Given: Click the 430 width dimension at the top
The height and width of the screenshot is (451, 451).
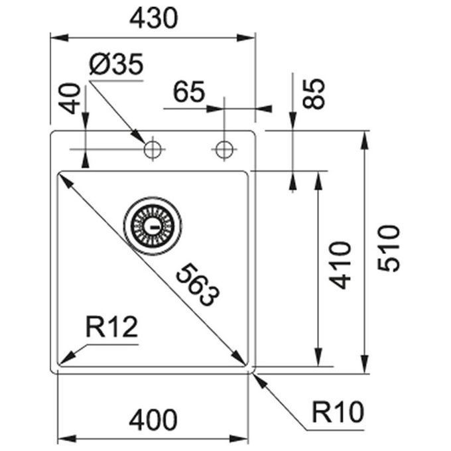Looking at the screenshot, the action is (154, 18).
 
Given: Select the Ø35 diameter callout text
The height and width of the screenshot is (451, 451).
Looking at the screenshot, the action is (116, 64).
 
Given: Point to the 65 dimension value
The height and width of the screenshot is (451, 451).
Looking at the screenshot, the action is (189, 92).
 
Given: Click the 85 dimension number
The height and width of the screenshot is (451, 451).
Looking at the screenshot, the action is (314, 94).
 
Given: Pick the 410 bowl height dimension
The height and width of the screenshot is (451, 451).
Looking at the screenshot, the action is (340, 265).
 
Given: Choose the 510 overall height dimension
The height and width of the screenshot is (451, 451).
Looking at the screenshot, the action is (389, 249).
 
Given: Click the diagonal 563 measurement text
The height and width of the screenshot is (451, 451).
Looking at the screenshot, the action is (198, 285).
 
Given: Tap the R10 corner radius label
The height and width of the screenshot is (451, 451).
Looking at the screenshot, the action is (338, 412).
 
